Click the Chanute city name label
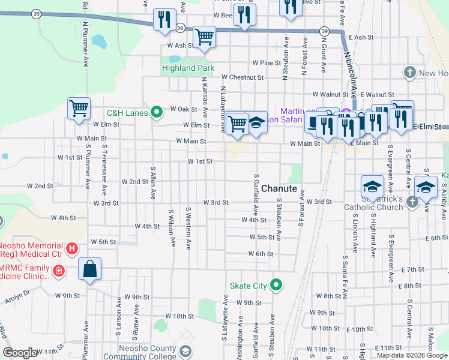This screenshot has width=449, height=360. pyautogui.click(x=279, y=188)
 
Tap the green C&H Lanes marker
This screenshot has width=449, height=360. pyautogui.click(x=157, y=112)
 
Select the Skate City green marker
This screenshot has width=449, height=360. pyautogui.click(x=276, y=285)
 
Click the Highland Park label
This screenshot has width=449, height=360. pyautogui.click(x=188, y=68)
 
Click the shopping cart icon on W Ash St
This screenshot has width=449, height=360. pyautogui.click(x=205, y=37)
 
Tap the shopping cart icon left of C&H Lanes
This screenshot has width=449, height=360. pyautogui.click(x=79, y=109)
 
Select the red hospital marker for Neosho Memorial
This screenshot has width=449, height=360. pyautogui.click(x=73, y=247)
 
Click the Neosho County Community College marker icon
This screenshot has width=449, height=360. pyautogui.click(x=186, y=350)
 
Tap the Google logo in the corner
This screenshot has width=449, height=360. pyautogui.click(x=20, y=353)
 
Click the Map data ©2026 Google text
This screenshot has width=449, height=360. pyautogui.click(x=412, y=355)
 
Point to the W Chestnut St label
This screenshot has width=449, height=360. pyautogui.click(x=243, y=77)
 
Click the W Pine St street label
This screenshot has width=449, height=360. pyautogui.click(x=267, y=62)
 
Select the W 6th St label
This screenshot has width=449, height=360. pyautogui.click(x=261, y=254)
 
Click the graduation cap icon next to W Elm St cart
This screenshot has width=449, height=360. pyautogui.click(x=257, y=123)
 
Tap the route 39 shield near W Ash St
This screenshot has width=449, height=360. pyautogui.click(x=180, y=27)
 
